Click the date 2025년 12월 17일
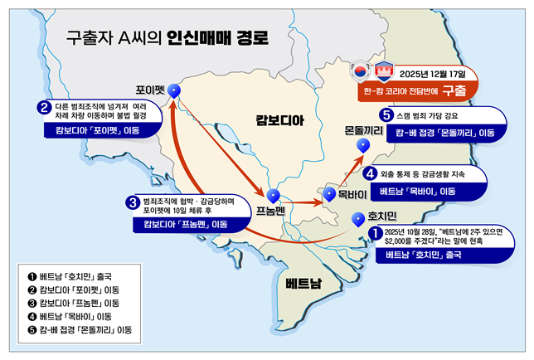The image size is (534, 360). pos(439,71)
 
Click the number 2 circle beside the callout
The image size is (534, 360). pos(43,107)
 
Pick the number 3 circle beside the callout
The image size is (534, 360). pos(131,202)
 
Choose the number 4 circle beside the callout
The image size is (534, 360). pos(370,174)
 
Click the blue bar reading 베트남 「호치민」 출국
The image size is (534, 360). pos(430,255)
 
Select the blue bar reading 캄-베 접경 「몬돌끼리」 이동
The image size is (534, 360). pos(444,132)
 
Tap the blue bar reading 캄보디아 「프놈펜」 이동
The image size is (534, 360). pos(187,223)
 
